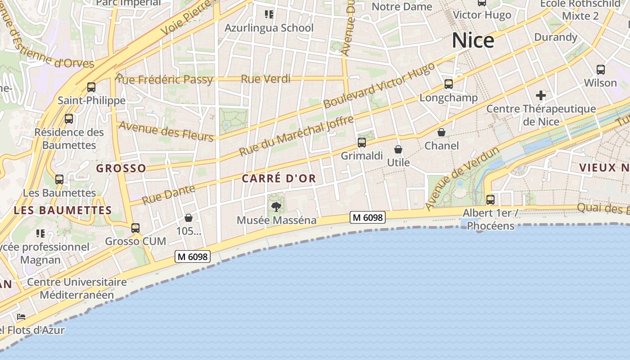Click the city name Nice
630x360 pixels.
pos(473,40)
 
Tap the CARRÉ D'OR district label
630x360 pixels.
pos(279,179)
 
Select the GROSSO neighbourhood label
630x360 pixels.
pos(121,168)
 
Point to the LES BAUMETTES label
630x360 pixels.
pos(63,210)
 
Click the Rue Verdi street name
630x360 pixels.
pos(265,79)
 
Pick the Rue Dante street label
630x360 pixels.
pos(169,194)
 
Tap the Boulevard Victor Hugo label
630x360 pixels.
pos(379,85)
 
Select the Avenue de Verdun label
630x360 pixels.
pos(463,178)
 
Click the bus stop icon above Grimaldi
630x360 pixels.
pos(362,143)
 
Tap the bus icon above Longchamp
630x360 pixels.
pos(448,84)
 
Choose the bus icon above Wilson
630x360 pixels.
pos(601,70)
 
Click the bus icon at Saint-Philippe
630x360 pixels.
pos(91,87)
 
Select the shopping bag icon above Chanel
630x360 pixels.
pos(441,132)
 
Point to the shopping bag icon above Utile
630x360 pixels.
pos(398,149)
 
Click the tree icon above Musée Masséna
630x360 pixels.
pos(276,207)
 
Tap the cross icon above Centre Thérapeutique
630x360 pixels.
pos(541,95)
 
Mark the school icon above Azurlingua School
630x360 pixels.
pos(269,14)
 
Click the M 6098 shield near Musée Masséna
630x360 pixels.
pos(368,218)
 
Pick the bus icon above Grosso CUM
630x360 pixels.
pos(135,228)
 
